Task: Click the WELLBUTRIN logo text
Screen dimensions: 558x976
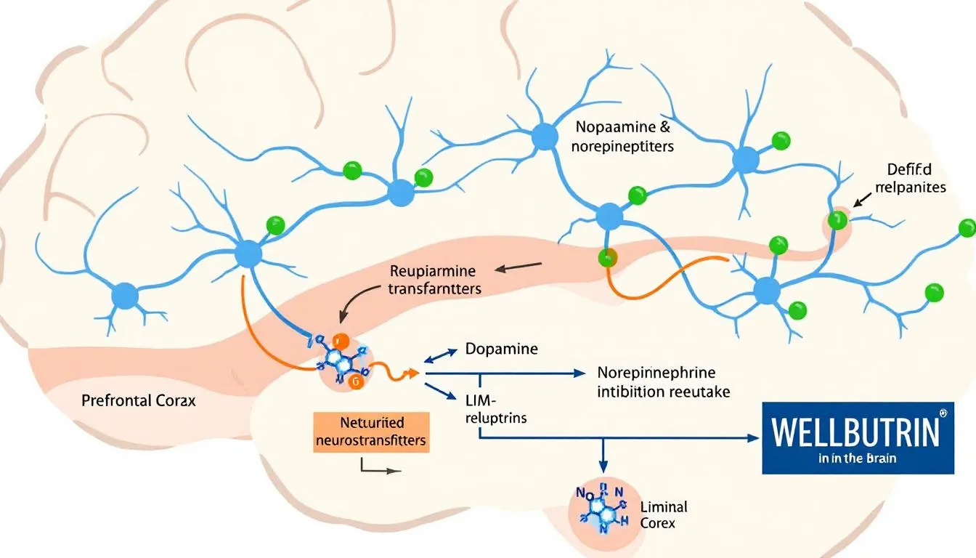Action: [855, 431]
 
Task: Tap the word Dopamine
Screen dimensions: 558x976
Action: [501, 349]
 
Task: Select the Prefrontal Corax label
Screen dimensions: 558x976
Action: [139, 400]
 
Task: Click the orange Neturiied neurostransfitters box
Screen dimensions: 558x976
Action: [370, 432]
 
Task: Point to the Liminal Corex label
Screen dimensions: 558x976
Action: [664, 514]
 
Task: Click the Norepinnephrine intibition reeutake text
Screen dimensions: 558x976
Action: [663, 382]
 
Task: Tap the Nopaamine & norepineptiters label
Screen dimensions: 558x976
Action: [624, 136]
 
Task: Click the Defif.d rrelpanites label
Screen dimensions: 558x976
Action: [916, 178]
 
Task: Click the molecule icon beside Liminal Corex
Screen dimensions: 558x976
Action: [600, 504]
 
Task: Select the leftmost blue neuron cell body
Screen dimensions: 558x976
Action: [125, 296]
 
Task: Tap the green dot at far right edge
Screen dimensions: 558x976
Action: [967, 229]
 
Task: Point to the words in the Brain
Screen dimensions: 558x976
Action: [856, 458]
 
